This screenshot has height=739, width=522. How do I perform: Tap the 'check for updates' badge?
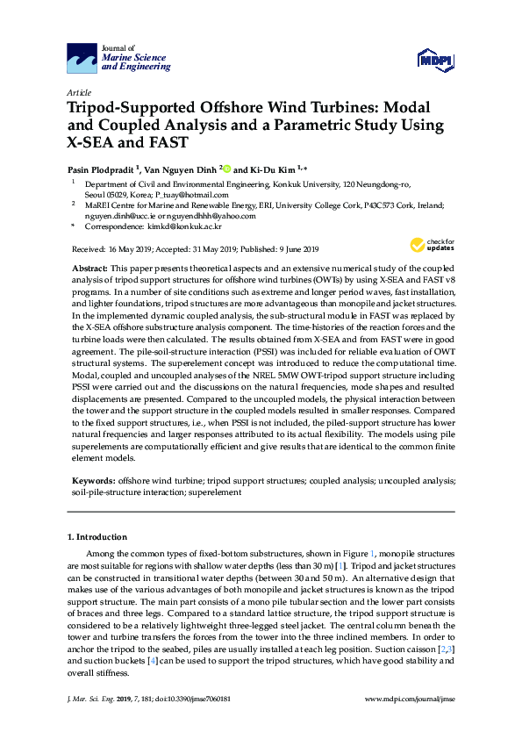(x=427, y=245)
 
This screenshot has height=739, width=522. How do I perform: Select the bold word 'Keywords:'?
(x=92, y=481)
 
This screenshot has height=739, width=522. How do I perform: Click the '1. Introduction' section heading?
(x=97, y=536)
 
